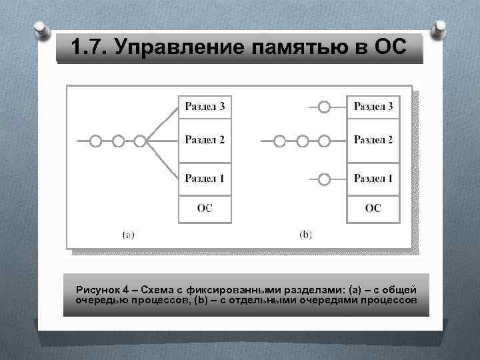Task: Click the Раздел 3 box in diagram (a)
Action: (x=205, y=106)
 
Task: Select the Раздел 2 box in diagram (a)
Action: (x=205, y=140)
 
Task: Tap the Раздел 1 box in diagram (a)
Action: (x=205, y=179)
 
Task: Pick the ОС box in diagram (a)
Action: (x=205, y=209)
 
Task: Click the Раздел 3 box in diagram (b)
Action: (x=373, y=106)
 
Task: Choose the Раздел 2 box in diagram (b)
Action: (x=373, y=140)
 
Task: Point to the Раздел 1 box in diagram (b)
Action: (x=373, y=179)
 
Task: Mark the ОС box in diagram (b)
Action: (x=373, y=209)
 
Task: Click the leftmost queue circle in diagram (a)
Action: (x=96, y=141)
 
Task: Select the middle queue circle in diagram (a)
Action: (x=118, y=141)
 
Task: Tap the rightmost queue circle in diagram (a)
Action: (x=140, y=141)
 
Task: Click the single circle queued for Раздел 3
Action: (x=324, y=107)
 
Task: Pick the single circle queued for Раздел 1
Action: (x=324, y=179)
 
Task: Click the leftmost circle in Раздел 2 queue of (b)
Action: (x=280, y=141)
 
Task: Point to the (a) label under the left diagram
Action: (x=129, y=234)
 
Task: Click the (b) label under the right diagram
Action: (x=306, y=234)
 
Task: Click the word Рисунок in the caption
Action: (x=99, y=290)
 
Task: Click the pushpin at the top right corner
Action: (x=439, y=30)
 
